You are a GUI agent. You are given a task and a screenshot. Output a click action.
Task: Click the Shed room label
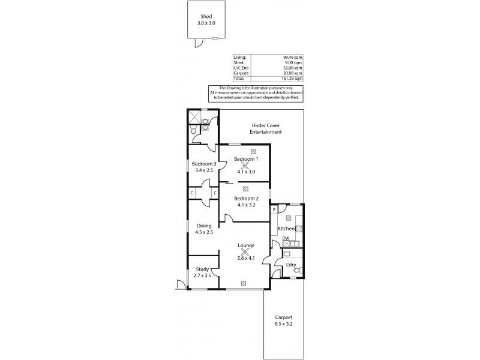pos(206,17)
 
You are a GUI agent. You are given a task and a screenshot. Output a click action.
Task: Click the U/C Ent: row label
pos(241,68)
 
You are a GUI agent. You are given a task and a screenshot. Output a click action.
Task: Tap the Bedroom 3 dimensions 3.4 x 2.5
pos(203,170)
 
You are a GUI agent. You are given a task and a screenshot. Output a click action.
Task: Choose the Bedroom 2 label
pos(246,199)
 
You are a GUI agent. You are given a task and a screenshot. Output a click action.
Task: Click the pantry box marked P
pos(274,210)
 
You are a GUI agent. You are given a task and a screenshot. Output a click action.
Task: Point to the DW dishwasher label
pos(286,239)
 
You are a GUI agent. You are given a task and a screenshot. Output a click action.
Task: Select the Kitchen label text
pos(286,229)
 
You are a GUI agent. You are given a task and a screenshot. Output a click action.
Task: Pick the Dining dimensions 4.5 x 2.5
pos(203,232)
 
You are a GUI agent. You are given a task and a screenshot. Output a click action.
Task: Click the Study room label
pos(202,269)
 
